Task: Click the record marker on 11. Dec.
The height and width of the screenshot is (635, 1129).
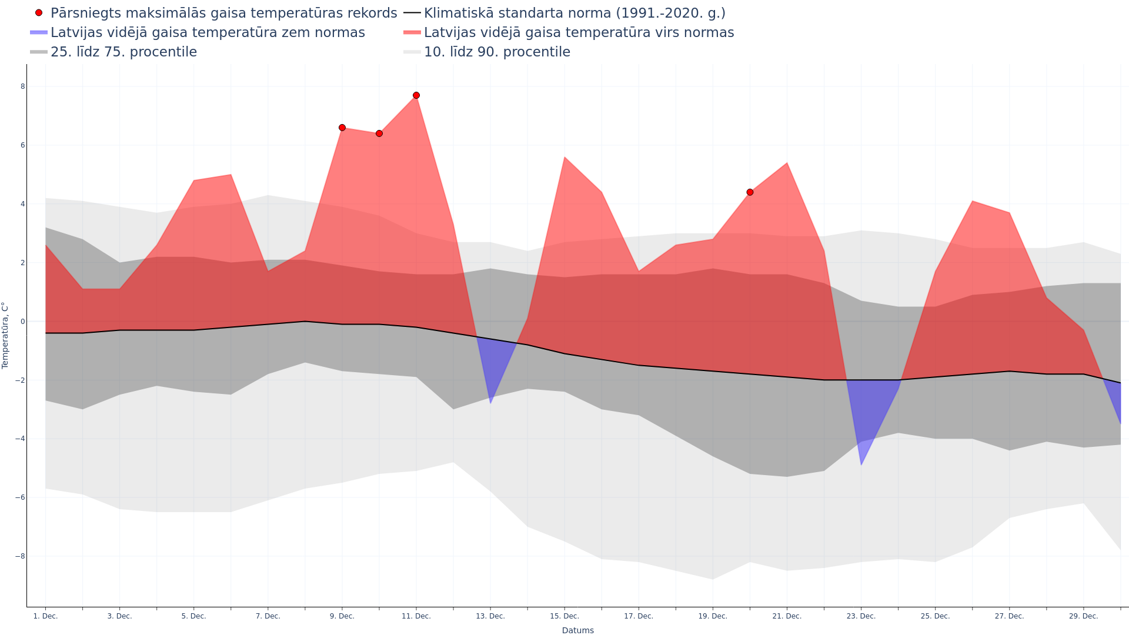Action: coord(416,95)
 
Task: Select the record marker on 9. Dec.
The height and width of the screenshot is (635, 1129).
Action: coord(342,128)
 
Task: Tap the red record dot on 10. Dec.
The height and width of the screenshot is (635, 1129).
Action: coord(379,133)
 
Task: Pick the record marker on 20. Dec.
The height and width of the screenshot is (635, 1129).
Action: coord(750,192)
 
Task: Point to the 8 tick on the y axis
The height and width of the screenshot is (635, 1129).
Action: coord(23,86)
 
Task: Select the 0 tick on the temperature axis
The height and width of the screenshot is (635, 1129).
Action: coord(23,322)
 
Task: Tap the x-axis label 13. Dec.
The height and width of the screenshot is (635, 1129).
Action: coord(490,616)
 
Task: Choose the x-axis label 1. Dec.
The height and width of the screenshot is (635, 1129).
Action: coord(45,616)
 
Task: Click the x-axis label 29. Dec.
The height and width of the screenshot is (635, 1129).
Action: coord(1083,616)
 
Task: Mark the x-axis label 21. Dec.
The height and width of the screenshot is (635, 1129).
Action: coord(787,616)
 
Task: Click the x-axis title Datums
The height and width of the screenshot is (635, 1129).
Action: coord(577,630)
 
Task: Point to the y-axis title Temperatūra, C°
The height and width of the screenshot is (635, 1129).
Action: coord(5,335)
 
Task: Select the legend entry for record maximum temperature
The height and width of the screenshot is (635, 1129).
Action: coord(223,13)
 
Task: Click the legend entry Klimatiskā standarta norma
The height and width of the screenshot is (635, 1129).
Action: coord(574,13)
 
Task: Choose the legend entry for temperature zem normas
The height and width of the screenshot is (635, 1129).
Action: coord(207,32)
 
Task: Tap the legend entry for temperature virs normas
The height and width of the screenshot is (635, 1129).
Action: coord(579,32)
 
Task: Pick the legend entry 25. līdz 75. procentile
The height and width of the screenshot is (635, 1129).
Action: coord(123,52)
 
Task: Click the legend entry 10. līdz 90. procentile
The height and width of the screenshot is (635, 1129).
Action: coord(497,52)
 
